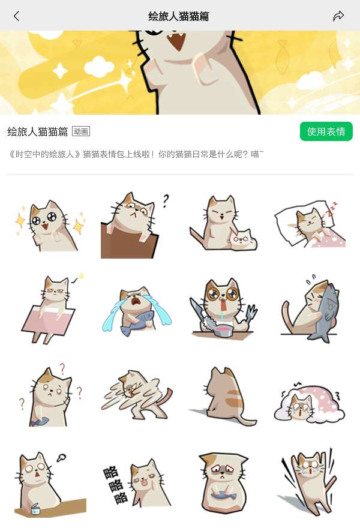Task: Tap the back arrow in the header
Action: coord(16,16)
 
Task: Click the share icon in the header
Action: coord(338,16)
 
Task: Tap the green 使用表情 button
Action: coord(326,131)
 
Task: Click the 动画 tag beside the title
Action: coord(81,131)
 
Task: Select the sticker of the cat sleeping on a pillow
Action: coord(310,224)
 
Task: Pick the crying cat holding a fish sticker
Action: coord(137,311)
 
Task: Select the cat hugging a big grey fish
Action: coord(310,309)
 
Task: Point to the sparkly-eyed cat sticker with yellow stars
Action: coord(50,225)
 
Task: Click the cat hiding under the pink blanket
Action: coord(309,403)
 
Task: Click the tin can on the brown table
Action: coord(35,509)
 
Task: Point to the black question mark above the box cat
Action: coord(165,200)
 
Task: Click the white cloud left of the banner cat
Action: coord(98,66)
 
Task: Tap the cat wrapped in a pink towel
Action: coord(51,310)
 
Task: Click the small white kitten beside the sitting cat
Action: coord(243,239)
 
